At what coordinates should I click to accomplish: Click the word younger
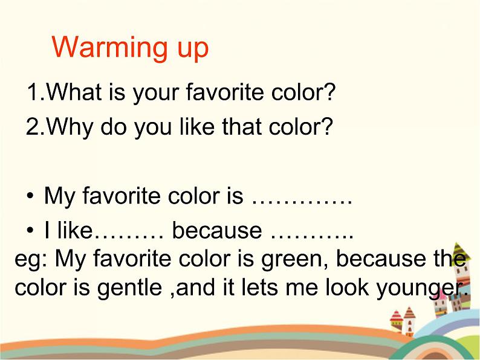pos(421,289)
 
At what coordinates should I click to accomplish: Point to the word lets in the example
pos(248,288)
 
